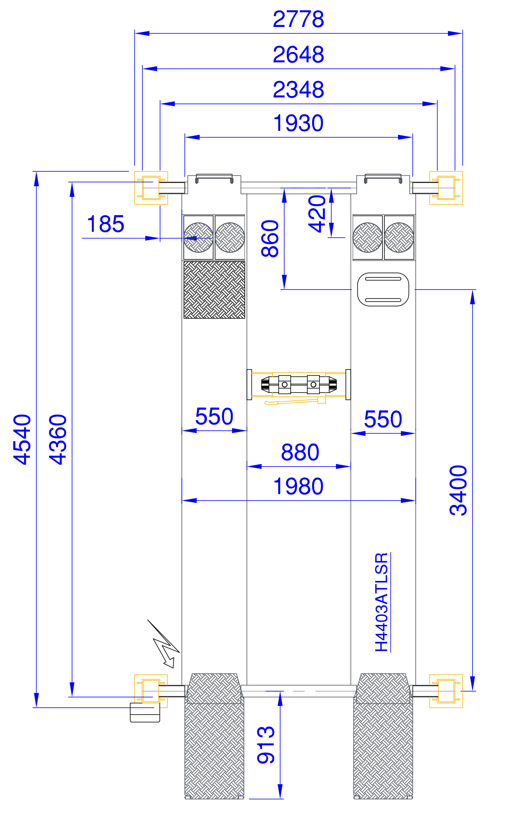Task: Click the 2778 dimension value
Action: tap(298, 19)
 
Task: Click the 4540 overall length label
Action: tap(22, 439)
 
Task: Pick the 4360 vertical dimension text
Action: tap(58, 439)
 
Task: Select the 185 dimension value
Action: tap(106, 224)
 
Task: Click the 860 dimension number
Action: tap(270, 239)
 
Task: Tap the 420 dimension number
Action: tap(317, 214)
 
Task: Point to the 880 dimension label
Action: tap(300, 452)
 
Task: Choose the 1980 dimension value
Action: tap(298, 487)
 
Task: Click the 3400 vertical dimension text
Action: tap(458, 490)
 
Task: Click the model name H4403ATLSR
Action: tap(381, 602)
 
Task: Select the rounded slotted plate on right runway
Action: tap(383, 289)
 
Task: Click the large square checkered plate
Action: tap(214, 290)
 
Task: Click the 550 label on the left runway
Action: tap(214, 416)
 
